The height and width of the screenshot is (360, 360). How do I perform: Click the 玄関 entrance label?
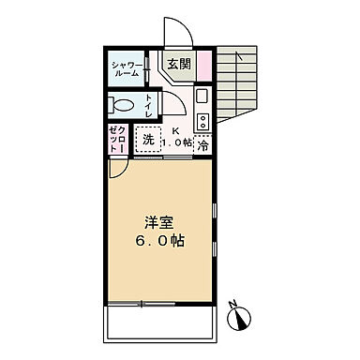pos(178,65)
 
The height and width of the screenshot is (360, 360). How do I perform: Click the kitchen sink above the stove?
pos(202,98)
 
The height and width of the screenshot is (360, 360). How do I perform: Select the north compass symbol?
pos(243,320)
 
